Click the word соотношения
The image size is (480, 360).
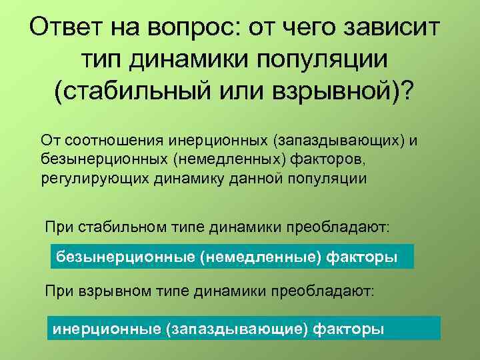[102, 141]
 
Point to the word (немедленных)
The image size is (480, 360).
[207, 160]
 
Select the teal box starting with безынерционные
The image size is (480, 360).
[232, 256]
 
